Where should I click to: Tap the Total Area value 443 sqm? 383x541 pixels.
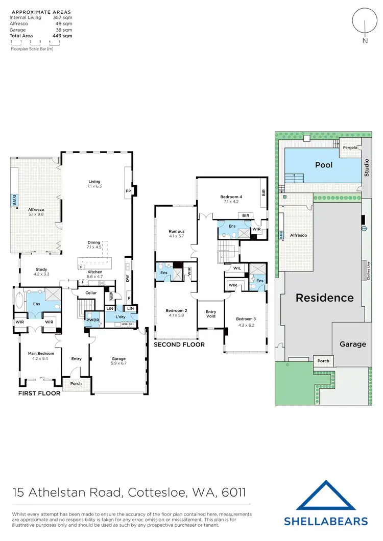[62, 36]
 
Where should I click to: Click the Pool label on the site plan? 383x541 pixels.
[324, 165]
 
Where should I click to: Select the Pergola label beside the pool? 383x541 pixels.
[350, 147]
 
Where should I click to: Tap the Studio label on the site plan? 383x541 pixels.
[366, 167]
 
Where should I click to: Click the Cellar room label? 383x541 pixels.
[91, 293]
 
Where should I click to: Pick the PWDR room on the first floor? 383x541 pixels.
[92, 319]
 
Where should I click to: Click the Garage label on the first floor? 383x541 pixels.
[118, 359]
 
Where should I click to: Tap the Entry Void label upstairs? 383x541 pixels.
[211, 314]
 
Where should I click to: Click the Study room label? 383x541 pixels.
[41, 272]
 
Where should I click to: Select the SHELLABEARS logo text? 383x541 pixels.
[326, 521]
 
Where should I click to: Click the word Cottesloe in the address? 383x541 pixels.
[151, 493]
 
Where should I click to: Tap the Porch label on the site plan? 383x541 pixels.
[323, 361]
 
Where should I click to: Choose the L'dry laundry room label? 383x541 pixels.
[121, 317]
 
